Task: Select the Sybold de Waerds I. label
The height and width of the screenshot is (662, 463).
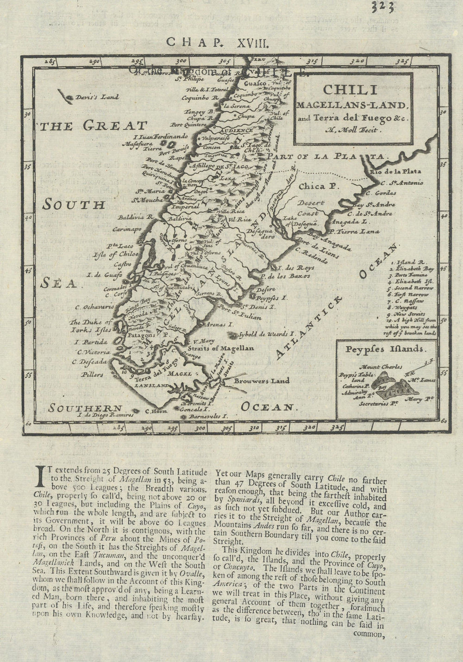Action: tap(266, 333)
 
